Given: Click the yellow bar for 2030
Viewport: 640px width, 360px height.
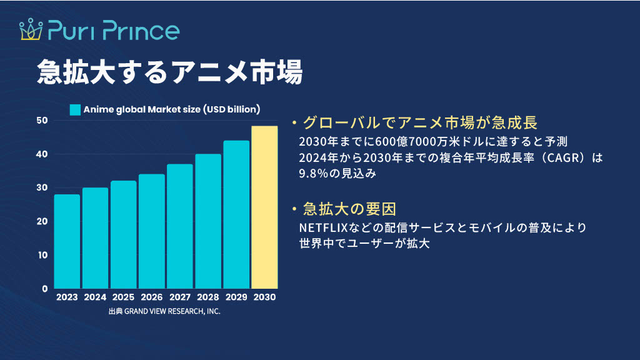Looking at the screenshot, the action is (264, 207).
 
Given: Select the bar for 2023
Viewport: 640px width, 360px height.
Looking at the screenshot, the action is (67, 242).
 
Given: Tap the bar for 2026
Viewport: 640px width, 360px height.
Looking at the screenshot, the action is (152, 231).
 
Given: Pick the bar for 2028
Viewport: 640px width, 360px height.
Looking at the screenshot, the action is (208, 221).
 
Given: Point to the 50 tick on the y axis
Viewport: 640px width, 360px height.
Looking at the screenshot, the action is (42, 121).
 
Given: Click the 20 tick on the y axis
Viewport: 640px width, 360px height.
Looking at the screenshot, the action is (42, 221).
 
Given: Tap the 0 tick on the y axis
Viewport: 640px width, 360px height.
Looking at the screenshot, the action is (45, 289).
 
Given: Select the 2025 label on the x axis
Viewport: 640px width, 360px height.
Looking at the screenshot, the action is (123, 297).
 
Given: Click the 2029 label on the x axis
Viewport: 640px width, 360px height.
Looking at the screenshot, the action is (236, 297).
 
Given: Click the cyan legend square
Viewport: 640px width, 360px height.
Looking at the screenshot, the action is (75, 110).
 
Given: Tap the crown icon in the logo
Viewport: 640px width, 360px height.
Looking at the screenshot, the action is (31, 29).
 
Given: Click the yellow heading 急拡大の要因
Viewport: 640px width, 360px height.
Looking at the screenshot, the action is (349, 209).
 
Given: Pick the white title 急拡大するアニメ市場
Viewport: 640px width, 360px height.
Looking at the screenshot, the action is (170, 72).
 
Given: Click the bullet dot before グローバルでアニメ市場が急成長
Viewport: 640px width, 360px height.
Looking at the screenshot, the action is (294, 122).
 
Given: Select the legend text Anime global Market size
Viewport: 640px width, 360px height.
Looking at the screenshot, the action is (142, 109).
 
